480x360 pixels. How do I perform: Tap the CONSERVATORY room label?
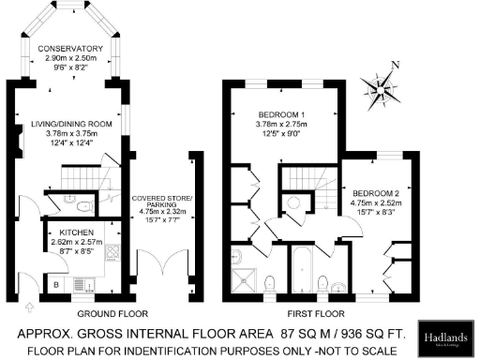point(70,50)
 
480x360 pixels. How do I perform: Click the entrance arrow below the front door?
point(27,305)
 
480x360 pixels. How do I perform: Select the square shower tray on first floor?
point(246,280)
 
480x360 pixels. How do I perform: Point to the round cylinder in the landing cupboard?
point(294,202)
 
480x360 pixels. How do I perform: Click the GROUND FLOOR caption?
point(109,313)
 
